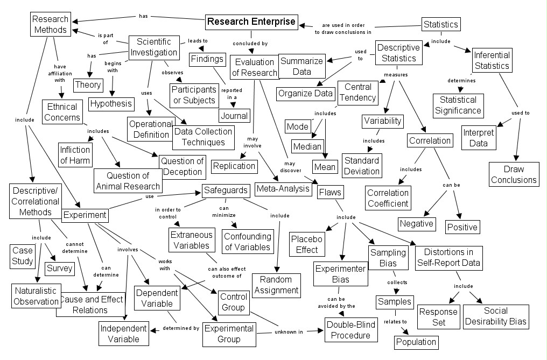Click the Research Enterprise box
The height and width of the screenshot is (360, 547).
[251, 22]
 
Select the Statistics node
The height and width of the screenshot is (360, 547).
[440, 24]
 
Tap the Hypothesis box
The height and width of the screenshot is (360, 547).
[110, 103]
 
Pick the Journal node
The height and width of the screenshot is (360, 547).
[234, 115]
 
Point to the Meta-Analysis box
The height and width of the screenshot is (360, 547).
[283, 188]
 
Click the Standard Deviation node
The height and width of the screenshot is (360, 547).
[361, 166]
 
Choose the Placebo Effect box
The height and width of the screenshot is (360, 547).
[305, 244]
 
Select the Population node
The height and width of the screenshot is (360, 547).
[416, 342]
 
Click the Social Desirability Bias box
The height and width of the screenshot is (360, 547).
[496, 317]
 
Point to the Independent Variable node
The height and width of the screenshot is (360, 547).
[123, 334]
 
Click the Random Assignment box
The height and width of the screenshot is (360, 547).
[276, 285]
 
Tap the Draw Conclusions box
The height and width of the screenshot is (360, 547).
[514, 174]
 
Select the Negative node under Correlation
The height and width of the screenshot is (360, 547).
[416, 223]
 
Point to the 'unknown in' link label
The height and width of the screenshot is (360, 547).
[290, 332]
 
